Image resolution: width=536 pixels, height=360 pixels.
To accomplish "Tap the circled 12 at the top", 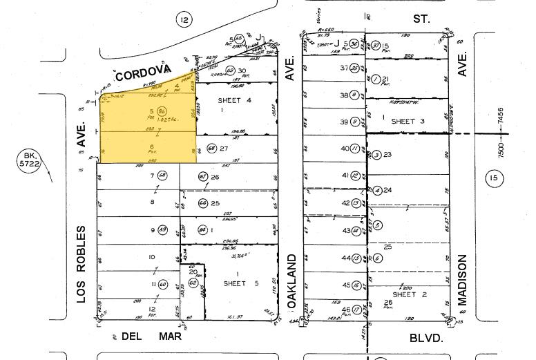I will pos(182,20).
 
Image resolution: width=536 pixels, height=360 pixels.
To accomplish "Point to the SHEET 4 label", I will pos(234,99).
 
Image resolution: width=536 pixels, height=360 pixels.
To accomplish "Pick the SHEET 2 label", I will pos(410,295).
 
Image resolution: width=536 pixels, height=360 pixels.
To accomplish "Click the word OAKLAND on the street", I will pos(293,281).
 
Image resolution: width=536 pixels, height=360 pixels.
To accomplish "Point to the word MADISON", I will pos(462,280).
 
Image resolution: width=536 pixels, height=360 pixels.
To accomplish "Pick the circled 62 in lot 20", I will pos(192,283).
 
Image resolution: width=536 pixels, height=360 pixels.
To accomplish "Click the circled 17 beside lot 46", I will pos(356,310).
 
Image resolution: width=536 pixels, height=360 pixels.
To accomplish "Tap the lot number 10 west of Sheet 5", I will pos(151,257).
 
